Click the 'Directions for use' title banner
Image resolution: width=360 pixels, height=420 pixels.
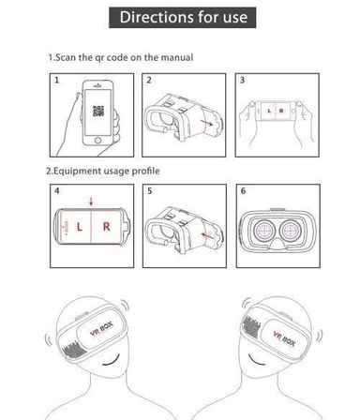tap(183, 18)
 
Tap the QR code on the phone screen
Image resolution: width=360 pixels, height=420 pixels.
tap(98, 111)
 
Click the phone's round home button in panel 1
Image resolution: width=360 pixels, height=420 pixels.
tap(97, 140)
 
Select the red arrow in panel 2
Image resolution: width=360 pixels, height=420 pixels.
tap(206, 123)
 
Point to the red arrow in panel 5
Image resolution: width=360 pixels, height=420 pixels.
tap(208, 234)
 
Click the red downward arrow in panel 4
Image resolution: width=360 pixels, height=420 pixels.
tap(91, 202)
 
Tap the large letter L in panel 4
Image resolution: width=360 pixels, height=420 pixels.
tap(80, 227)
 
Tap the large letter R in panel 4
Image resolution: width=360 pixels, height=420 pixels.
tap(107, 227)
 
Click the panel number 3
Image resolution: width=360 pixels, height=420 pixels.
tap(242, 80)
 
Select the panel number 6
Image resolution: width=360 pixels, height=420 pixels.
tap(243, 190)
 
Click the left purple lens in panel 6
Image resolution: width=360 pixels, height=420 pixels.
tap(264, 231)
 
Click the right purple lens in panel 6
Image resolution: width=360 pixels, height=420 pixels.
tap(291, 231)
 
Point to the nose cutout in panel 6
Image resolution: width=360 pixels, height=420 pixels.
tap(277, 244)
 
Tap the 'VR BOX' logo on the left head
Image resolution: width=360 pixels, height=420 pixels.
tap(101, 329)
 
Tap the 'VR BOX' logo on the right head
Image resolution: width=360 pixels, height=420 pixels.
tap(284, 338)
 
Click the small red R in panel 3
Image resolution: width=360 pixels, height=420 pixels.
tap(281, 111)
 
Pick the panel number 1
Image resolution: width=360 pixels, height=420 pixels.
tap(56, 80)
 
